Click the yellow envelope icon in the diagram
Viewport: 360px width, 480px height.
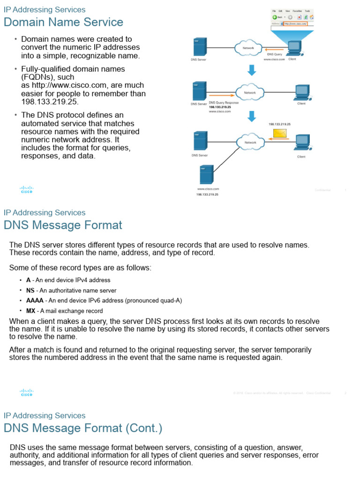pyautogui.click(x=280, y=134)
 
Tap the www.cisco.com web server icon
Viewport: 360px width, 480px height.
pyautogui.click(x=206, y=174)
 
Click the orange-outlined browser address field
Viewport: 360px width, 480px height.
pyautogui.click(x=295, y=23)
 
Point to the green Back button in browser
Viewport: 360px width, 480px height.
pyautogui.click(x=276, y=17)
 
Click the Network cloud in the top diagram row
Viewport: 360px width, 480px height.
pyautogui.click(x=248, y=48)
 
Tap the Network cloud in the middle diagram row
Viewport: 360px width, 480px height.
pyautogui.click(x=250, y=92)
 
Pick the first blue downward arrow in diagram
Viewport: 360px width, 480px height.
pyautogui.click(x=252, y=70)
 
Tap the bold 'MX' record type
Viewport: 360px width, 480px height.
pyautogui.click(x=30, y=311)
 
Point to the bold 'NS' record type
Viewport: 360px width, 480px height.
pyautogui.click(x=30, y=290)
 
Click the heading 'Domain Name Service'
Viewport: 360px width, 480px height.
pyautogui.click(x=63, y=22)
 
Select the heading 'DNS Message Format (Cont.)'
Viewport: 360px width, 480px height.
pyautogui.click(x=83, y=428)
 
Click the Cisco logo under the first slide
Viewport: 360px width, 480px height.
pyautogui.click(x=27, y=189)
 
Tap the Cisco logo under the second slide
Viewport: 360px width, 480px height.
pyautogui.click(x=27, y=392)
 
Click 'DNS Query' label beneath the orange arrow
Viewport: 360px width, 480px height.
pyautogui.click(x=274, y=54)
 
